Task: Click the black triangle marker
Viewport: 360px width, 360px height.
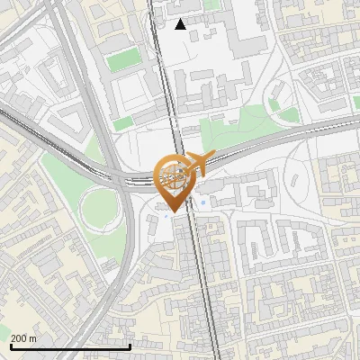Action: click(181, 24)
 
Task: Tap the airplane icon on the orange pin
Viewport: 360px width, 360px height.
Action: click(199, 163)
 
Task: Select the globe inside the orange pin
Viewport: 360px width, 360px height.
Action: click(174, 174)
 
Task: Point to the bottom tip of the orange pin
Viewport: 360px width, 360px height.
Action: click(174, 211)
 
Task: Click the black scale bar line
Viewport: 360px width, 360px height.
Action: click(70, 346)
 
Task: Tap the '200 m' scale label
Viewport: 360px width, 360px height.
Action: click(24, 338)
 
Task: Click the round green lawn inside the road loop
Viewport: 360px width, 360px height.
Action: click(98, 208)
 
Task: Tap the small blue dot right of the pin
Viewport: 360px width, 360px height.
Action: click(204, 202)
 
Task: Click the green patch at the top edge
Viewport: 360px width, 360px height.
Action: click(212, 4)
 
